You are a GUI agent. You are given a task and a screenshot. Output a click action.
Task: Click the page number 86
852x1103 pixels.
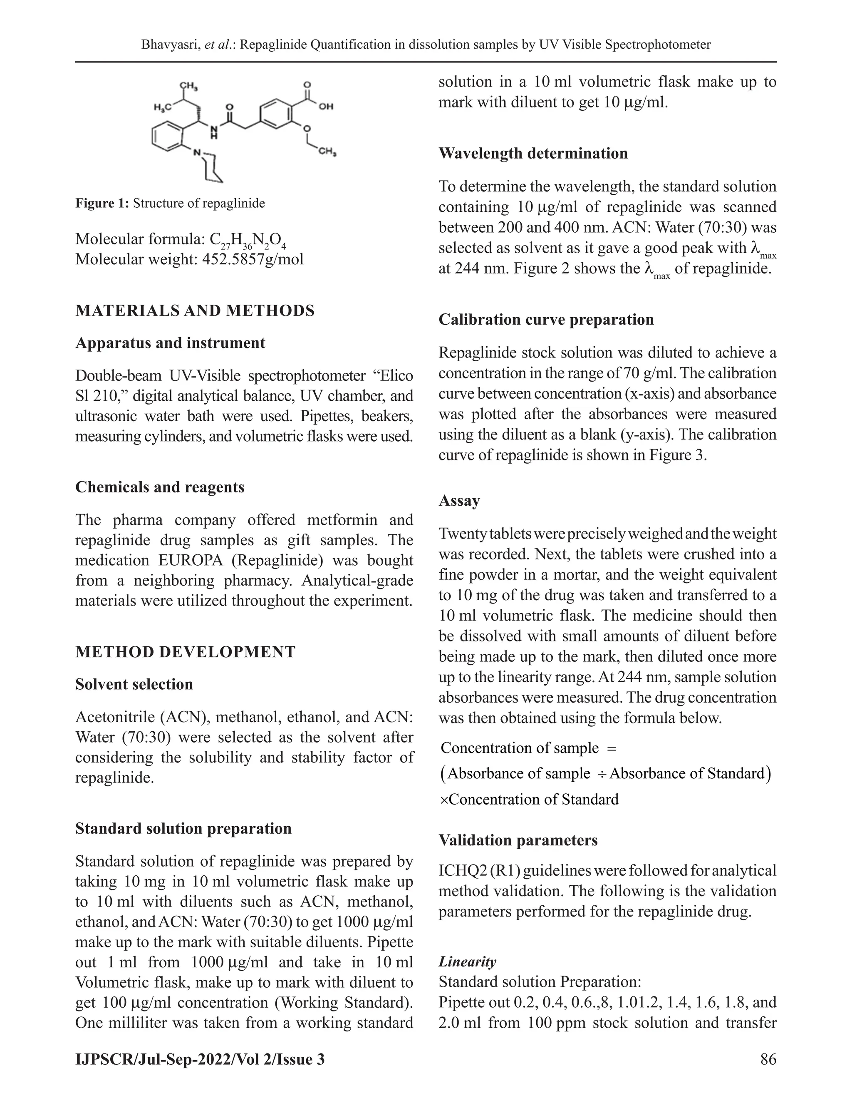tap(768, 1058)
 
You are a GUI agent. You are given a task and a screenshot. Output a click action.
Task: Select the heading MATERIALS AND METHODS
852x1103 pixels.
tap(195, 311)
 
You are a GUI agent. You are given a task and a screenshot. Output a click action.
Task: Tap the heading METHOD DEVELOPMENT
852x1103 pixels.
tap(185, 652)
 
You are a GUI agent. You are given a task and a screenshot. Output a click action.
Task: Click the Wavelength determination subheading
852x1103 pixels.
tap(533, 154)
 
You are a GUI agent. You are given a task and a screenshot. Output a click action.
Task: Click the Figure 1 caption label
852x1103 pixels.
tap(102, 204)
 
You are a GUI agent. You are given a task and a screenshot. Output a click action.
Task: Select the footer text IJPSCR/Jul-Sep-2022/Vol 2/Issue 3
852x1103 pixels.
tap(200, 1059)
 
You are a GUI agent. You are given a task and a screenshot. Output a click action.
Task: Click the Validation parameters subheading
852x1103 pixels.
tap(518, 840)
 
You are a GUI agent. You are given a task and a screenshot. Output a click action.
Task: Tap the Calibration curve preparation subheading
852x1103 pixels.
tap(546, 320)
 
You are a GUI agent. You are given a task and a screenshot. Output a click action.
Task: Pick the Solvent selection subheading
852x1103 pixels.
tap(134, 684)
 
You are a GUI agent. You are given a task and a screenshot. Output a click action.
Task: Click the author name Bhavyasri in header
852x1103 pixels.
tap(170, 45)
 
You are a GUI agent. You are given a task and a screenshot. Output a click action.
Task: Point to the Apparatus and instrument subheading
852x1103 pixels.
tap(170, 343)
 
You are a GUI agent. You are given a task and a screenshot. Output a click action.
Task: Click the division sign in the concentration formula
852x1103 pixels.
tap(601, 774)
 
